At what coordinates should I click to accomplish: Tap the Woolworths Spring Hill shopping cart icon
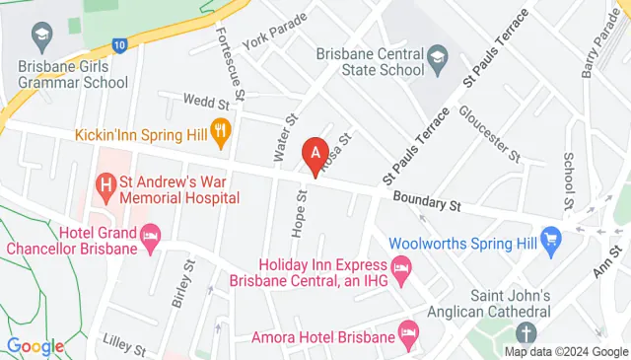[550, 240]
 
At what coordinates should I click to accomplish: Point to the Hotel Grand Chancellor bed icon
[151, 237]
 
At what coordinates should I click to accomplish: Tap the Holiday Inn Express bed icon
[401, 265]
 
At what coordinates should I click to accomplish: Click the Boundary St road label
[427, 202]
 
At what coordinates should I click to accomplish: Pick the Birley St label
[179, 286]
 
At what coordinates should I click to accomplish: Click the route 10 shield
[119, 44]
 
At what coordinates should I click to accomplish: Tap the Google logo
[35, 346]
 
